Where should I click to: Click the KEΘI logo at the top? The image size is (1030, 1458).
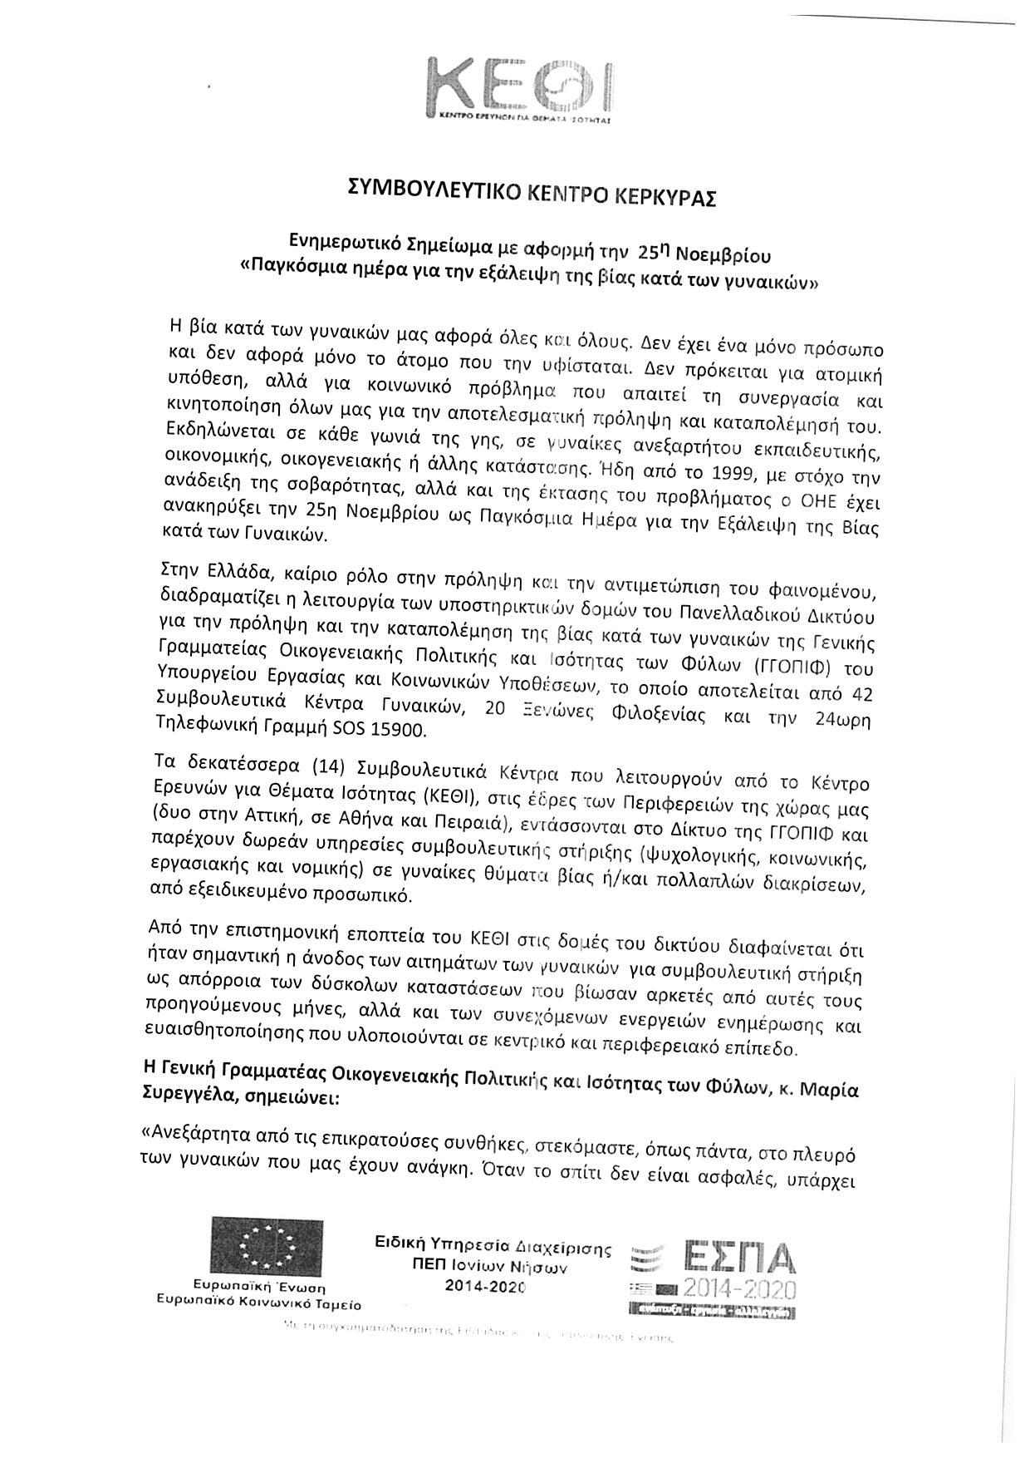point(518,89)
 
